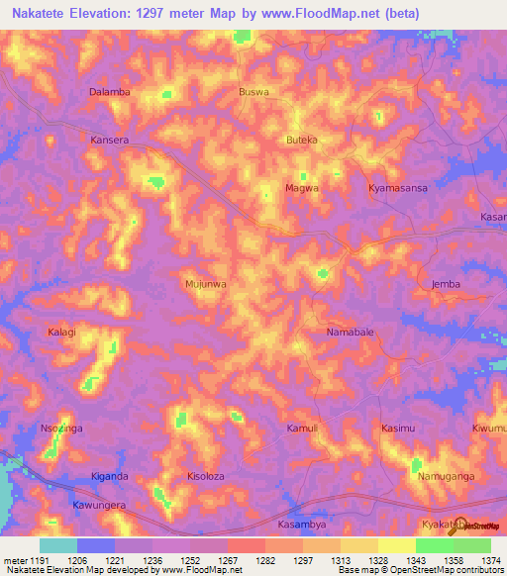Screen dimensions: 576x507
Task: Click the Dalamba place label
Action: coord(110,92)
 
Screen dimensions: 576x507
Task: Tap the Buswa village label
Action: coord(254,92)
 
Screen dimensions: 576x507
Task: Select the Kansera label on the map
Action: coord(110,141)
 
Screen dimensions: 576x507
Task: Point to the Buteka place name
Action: coord(301,141)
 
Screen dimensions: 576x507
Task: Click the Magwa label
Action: coord(302,187)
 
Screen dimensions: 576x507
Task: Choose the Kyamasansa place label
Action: coord(397,187)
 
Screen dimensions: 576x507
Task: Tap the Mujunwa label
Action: coord(206,284)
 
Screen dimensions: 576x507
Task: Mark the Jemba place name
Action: coord(447,284)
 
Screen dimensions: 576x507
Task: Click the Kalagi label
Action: coord(61,333)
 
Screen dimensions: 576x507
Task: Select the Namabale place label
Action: coord(351,333)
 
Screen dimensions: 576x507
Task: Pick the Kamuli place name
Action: coord(301,429)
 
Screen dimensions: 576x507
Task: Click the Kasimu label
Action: coord(398,429)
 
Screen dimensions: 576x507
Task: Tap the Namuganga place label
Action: coord(446,476)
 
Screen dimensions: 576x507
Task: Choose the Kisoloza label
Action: coord(206,476)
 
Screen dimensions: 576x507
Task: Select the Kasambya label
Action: coord(302,525)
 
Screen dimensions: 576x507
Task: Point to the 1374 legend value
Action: coord(491,559)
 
